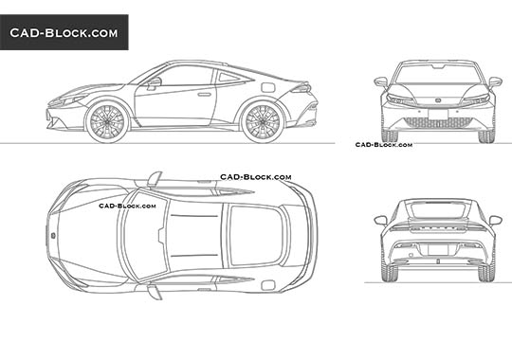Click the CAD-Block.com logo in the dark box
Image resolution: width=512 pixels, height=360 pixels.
[x=64, y=33]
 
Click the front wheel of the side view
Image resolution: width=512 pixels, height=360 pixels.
[x=106, y=122]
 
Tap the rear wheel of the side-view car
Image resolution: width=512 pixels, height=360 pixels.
[x=263, y=122]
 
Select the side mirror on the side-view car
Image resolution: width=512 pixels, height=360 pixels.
[x=154, y=83]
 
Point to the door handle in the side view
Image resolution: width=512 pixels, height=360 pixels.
[x=204, y=94]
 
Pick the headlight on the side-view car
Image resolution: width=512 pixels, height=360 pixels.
[x=71, y=99]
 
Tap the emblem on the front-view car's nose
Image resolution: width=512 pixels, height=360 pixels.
[x=437, y=101]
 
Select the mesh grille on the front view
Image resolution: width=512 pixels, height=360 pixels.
[x=437, y=122]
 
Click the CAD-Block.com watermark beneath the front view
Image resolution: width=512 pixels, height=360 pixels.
[x=383, y=145]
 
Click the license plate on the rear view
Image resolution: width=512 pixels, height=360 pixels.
[x=437, y=251]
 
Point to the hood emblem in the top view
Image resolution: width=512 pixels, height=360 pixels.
[x=53, y=232]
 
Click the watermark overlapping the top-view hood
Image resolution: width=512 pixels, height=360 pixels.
[x=126, y=204]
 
